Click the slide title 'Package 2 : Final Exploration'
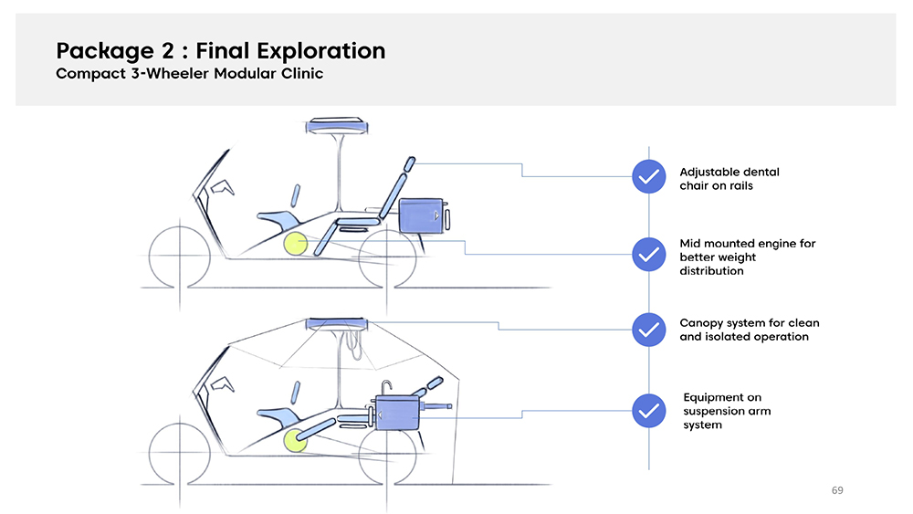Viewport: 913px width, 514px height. pyautogui.click(x=220, y=50)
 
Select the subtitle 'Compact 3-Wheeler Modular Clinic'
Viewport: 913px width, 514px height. pyautogui.click(x=189, y=74)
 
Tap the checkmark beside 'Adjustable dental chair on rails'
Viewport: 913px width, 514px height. pyautogui.click(x=648, y=176)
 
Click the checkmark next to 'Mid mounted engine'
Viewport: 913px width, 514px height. pyautogui.click(x=648, y=255)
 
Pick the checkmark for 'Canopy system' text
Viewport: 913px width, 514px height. pyautogui.click(x=648, y=329)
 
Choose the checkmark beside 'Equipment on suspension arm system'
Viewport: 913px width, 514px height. pyautogui.click(x=648, y=410)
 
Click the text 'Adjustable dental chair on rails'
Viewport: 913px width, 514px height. pyautogui.click(x=729, y=178)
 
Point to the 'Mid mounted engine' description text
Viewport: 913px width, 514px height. pyautogui.click(x=747, y=257)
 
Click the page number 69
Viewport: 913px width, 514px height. pyautogui.click(x=837, y=491)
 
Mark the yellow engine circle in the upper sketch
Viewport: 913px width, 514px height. pyautogui.click(x=295, y=244)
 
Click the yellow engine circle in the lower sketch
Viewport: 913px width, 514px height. pyautogui.click(x=295, y=441)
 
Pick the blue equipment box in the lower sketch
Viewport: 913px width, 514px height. pyautogui.click(x=394, y=414)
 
